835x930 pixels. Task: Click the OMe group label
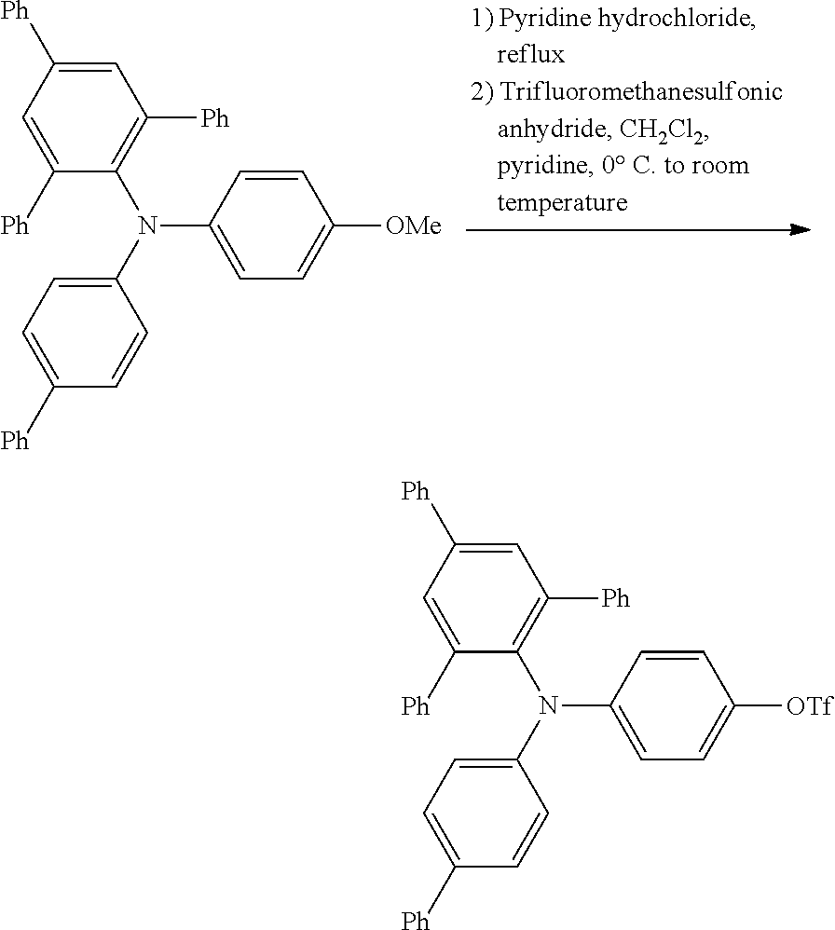click(414, 226)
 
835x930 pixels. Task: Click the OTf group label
click(810, 705)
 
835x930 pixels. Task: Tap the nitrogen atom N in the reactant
click(147, 226)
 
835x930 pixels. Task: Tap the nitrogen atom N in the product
click(548, 705)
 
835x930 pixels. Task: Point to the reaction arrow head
click(801, 229)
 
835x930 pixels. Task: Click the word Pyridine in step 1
click(545, 20)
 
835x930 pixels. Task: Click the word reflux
click(531, 55)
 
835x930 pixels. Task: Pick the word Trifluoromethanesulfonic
click(642, 91)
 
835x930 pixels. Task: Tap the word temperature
click(562, 203)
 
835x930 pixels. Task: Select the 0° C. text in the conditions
click(629, 166)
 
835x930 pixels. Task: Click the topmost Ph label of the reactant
click(14, 10)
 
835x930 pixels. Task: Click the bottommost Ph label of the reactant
click(14, 440)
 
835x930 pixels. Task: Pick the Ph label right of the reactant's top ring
click(214, 118)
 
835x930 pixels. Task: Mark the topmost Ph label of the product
click(415, 491)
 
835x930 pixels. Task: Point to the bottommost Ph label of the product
click(415, 920)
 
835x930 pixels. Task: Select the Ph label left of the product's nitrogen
click(415, 705)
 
